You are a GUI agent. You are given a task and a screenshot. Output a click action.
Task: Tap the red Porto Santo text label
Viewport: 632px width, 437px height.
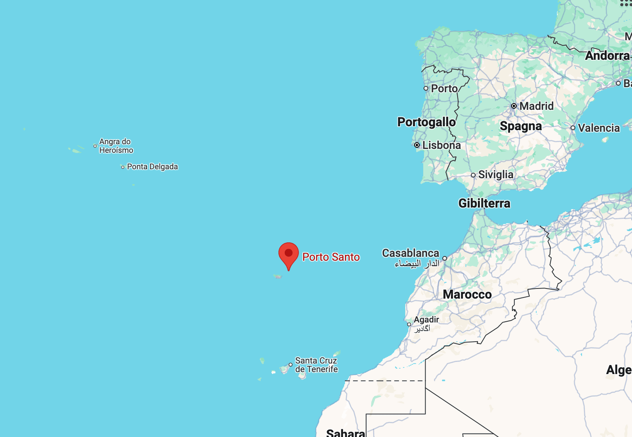pyautogui.click(x=331, y=257)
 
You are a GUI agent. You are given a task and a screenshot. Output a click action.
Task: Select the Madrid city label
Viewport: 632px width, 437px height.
pyautogui.click(x=536, y=106)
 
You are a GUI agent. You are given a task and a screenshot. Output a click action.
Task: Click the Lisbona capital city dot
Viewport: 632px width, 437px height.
pyautogui.click(x=417, y=145)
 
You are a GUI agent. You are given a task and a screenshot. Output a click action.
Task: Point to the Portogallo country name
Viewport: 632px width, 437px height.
pyautogui.click(x=426, y=122)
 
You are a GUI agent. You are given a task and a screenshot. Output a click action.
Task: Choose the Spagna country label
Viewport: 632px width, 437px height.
pyautogui.click(x=521, y=126)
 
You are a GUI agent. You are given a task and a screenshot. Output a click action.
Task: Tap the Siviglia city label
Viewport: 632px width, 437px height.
pyautogui.click(x=496, y=175)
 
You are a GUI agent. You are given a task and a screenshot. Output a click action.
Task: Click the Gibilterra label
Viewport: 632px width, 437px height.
pyautogui.click(x=484, y=203)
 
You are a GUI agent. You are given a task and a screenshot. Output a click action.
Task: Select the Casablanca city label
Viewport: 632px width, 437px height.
pyautogui.click(x=411, y=253)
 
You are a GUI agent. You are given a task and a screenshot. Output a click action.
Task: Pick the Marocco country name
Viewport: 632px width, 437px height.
pyautogui.click(x=467, y=294)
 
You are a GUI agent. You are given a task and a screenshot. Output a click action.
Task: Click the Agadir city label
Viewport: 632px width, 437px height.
pyautogui.click(x=426, y=320)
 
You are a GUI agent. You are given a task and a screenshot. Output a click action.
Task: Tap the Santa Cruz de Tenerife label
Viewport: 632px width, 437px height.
pyautogui.click(x=316, y=365)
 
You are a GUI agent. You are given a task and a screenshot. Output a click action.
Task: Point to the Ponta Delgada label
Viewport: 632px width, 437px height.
pyautogui.click(x=152, y=167)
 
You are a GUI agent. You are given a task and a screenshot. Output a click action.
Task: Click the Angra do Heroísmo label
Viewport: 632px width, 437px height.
pyautogui.click(x=116, y=146)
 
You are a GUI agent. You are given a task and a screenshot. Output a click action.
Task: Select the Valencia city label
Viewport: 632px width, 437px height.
pyautogui.click(x=598, y=128)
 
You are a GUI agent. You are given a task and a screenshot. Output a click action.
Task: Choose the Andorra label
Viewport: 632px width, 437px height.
pyautogui.click(x=607, y=56)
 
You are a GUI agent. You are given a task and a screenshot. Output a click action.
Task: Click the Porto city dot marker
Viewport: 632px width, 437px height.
pyautogui.click(x=426, y=88)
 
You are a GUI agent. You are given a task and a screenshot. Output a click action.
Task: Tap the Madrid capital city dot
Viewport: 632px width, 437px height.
pyautogui.click(x=514, y=106)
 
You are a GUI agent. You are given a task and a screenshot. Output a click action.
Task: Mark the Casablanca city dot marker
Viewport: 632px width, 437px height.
pyautogui.click(x=445, y=258)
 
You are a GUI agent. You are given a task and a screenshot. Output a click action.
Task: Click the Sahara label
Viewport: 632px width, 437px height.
pyautogui.click(x=345, y=433)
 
